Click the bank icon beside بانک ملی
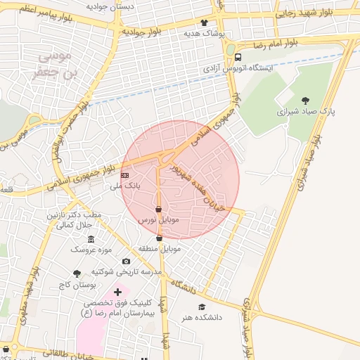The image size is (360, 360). (x=125, y=174)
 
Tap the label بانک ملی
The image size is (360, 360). (x=126, y=186)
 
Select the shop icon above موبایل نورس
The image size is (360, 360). (x=158, y=209)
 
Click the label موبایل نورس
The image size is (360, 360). (x=158, y=220)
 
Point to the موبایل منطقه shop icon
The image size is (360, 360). (x=160, y=238)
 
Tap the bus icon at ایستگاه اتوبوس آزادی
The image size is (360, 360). (x=238, y=57)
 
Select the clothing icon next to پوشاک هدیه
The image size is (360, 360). (x=205, y=22)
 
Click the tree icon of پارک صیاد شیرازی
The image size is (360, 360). (x=304, y=100)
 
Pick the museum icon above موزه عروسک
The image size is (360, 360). (x=91, y=239)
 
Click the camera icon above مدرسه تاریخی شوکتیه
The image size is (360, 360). (x=126, y=261)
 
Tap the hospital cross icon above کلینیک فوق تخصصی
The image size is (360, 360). (x=117, y=291)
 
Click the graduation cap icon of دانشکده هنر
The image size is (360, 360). (x=202, y=307)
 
